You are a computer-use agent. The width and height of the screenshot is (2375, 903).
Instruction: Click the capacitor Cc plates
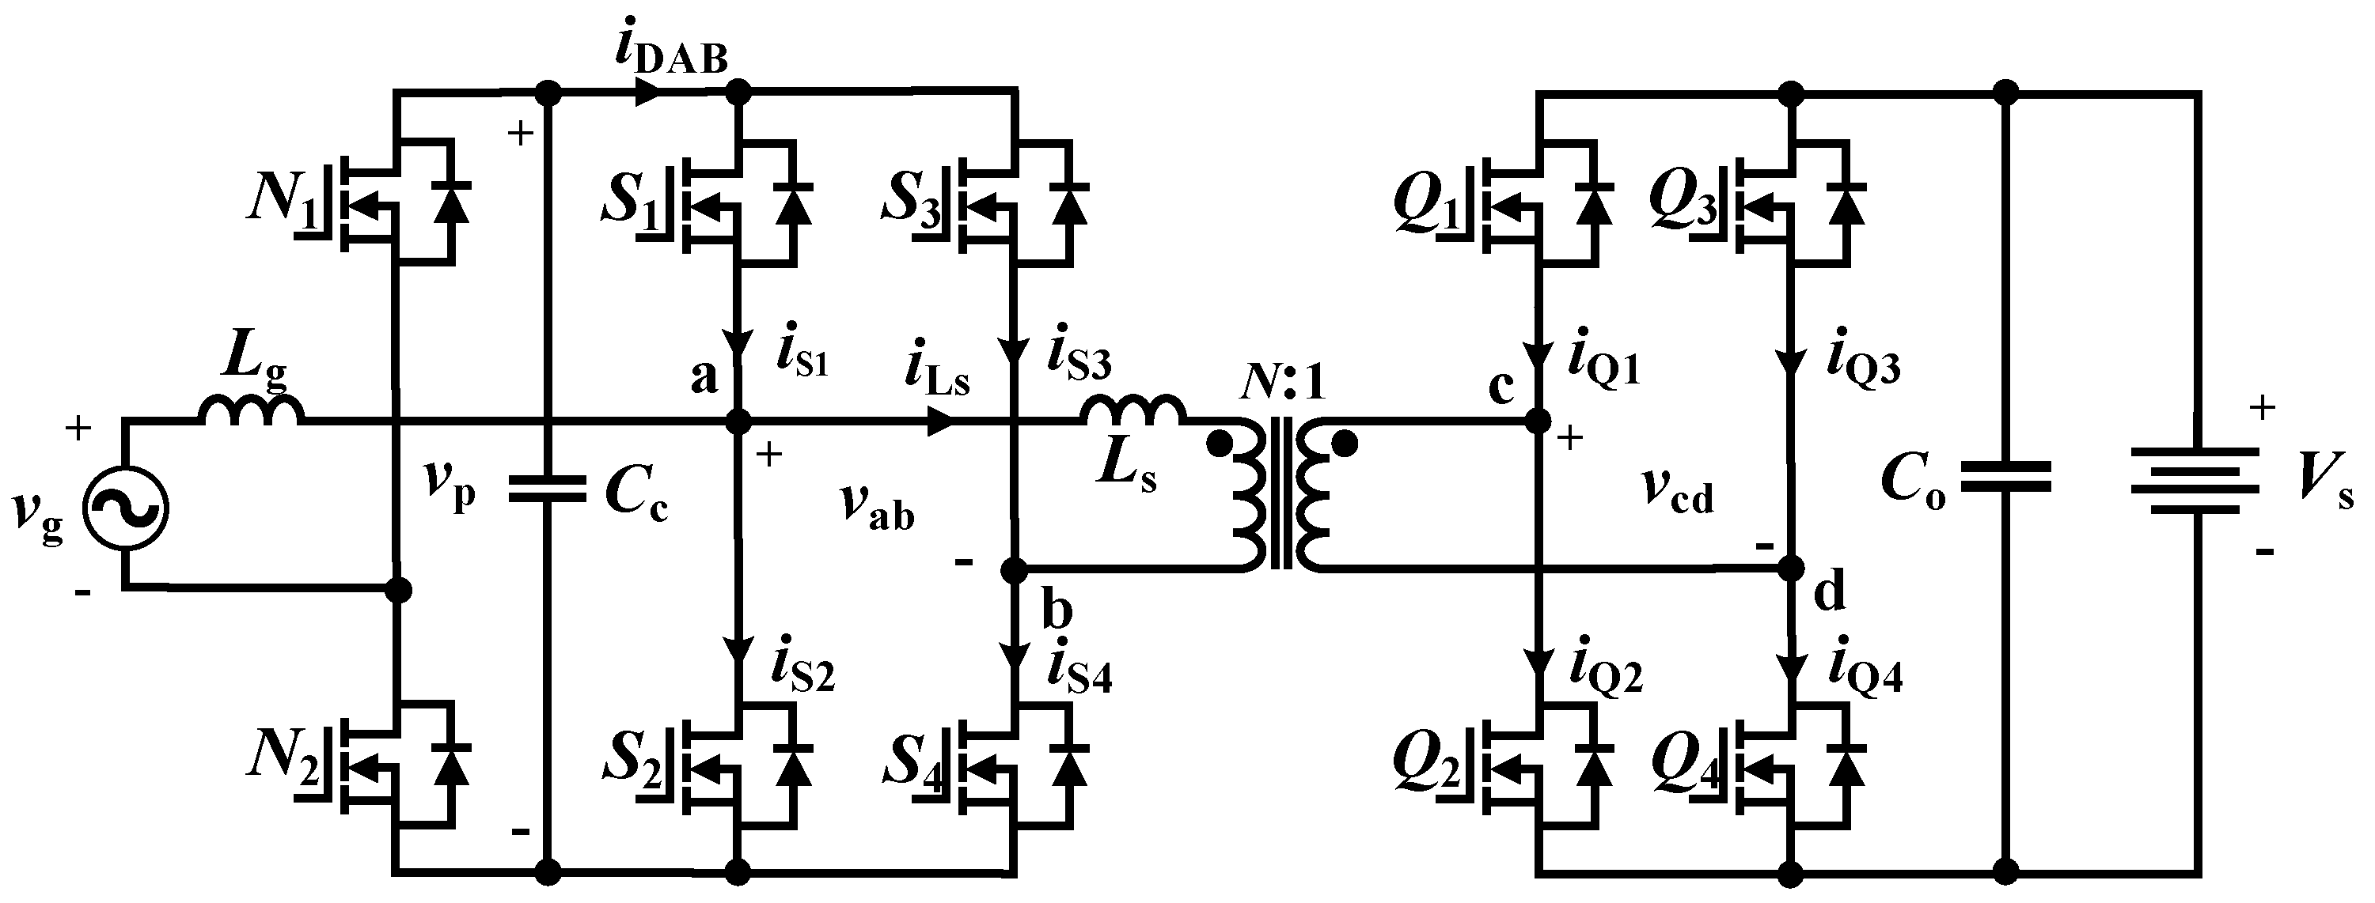click(547, 490)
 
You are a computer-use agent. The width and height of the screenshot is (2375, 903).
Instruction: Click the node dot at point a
click(738, 423)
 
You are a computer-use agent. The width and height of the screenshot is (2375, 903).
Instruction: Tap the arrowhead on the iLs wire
click(939, 423)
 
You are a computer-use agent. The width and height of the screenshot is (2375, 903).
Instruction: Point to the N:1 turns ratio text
click(1282, 383)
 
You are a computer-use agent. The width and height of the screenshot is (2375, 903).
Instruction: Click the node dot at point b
click(1013, 571)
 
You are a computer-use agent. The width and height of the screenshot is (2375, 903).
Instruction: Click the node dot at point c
click(1537, 422)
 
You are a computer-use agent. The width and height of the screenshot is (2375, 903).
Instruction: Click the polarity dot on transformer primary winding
click(1219, 446)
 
